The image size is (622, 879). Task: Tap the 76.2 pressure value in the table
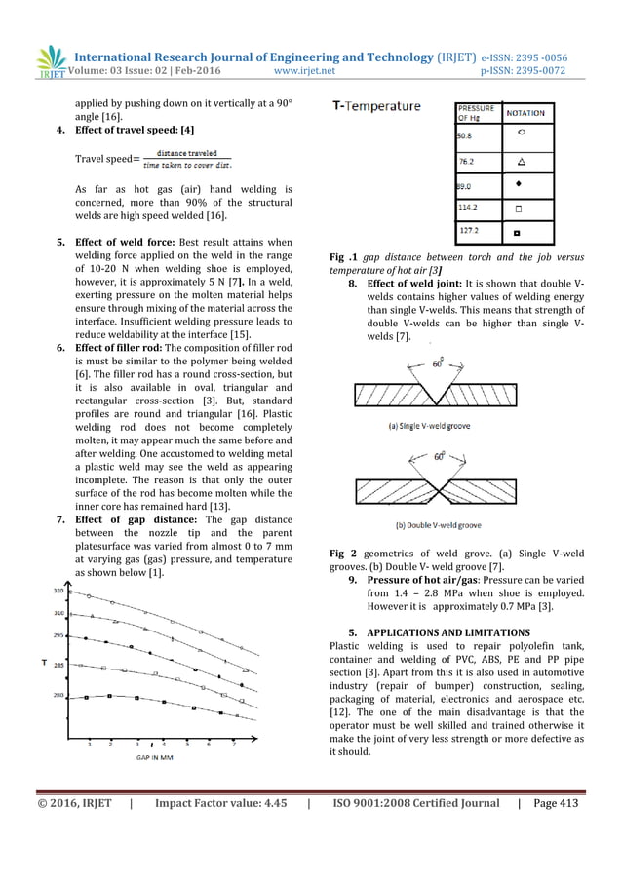(468, 160)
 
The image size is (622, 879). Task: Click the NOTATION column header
(525, 114)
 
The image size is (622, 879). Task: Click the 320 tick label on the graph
(58, 591)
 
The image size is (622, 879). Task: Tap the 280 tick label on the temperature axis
(58, 695)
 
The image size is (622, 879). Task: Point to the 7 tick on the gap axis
(233, 745)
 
